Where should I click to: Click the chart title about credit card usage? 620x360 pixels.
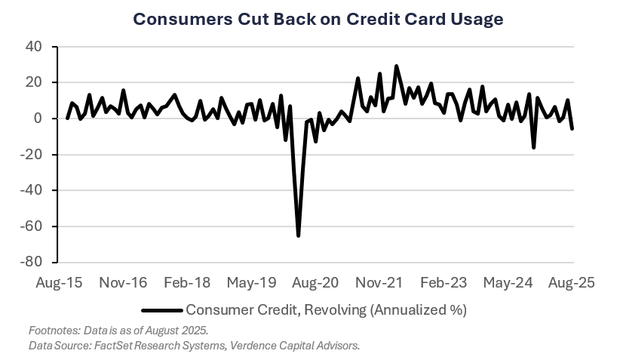pyautogui.click(x=318, y=19)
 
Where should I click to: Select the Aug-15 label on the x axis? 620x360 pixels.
pyautogui.click(x=60, y=283)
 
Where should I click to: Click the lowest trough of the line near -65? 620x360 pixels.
pyautogui.click(x=299, y=236)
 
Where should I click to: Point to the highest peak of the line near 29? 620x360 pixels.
pyautogui.click(x=396, y=66)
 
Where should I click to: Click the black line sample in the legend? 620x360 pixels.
pyautogui.click(x=162, y=309)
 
